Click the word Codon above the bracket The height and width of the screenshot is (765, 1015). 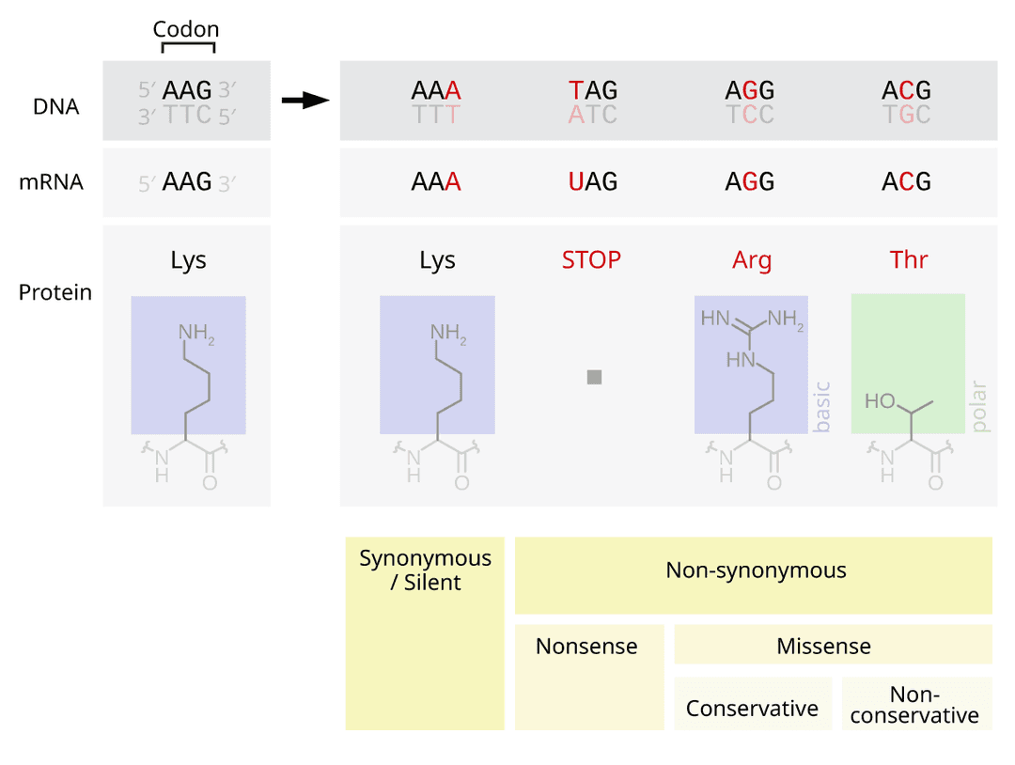click(x=185, y=29)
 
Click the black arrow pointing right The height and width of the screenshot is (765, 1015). click(x=305, y=101)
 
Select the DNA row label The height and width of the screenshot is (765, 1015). click(x=56, y=106)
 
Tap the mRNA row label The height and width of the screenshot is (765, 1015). click(x=51, y=182)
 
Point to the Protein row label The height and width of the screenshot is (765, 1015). click(x=55, y=292)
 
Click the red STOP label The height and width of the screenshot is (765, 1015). click(x=591, y=259)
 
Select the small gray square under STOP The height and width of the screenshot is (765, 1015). click(x=594, y=377)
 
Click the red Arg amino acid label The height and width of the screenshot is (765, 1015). click(x=752, y=260)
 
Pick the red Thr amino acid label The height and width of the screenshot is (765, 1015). click(x=909, y=260)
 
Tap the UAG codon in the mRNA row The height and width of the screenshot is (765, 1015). click(x=593, y=182)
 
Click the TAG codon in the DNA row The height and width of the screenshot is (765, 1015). click(x=593, y=90)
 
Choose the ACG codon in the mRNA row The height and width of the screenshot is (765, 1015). click(x=906, y=182)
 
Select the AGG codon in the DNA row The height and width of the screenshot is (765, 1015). click(x=749, y=90)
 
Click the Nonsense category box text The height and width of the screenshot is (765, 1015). click(x=586, y=647)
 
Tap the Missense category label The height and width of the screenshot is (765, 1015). click(x=823, y=647)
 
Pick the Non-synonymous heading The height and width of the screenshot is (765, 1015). click(x=756, y=570)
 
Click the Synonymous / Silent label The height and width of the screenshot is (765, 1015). click(x=425, y=570)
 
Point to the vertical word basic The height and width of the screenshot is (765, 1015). click(x=823, y=406)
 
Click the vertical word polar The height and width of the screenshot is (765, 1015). click(x=980, y=406)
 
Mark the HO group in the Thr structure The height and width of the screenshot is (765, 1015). click(x=880, y=401)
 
